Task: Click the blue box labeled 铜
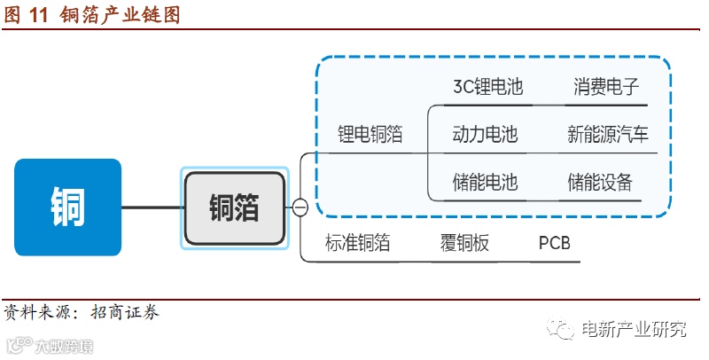(x=67, y=207)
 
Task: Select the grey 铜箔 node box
(x=235, y=208)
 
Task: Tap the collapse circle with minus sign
(x=300, y=208)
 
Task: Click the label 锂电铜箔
(x=370, y=135)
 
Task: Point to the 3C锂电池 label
(x=487, y=87)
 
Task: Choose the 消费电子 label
(x=606, y=87)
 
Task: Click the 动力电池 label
(x=485, y=135)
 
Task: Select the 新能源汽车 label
(x=608, y=135)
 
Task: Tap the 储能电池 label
(x=485, y=183)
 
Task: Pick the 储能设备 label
(x=600, y=183)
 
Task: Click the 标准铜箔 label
(x=357, y=243)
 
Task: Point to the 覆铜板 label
(x=464, y=243)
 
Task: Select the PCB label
(x=555, y=243)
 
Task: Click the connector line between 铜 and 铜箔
(x=152, y=208)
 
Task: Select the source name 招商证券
(x=128, y=312)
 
